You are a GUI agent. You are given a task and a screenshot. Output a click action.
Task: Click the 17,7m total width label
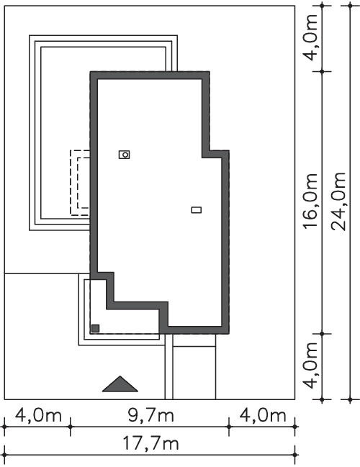click(150, 444)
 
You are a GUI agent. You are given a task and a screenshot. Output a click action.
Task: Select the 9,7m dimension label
click(150, 415)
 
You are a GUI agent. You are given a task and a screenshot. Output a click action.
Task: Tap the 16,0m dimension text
click(310, 201)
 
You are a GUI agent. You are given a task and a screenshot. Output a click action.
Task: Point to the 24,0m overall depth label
click(338, 201)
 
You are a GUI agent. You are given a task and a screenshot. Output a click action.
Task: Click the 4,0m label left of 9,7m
click(38, 415)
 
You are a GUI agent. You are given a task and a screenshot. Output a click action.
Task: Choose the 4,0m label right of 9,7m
click(263, 415)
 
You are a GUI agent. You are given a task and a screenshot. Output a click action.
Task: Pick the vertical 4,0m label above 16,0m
click(310, 37)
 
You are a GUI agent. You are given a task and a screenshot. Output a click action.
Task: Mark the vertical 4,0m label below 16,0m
click(310, 366)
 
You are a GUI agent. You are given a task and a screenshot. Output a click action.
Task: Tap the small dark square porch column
click(95, 329)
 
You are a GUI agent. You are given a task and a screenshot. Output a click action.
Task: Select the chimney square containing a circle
click(125, 155)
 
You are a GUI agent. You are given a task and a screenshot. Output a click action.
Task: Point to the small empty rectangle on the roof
click(196, 210)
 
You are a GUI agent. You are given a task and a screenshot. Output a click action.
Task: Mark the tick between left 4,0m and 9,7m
click(71, 427)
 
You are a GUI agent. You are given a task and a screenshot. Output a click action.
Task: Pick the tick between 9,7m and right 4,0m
click(229, 427)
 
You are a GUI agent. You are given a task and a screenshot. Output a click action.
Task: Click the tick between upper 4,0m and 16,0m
click(322, 71)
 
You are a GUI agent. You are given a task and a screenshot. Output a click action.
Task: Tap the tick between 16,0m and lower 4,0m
click(322, 334)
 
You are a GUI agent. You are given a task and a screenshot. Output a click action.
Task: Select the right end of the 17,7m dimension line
click(295, 455)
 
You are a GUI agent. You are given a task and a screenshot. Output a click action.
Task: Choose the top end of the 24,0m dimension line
click(351, 6)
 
